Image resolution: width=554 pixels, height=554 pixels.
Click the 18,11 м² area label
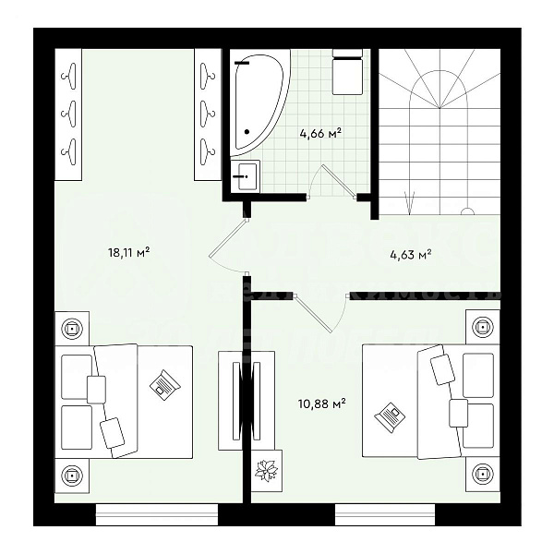(129, 250)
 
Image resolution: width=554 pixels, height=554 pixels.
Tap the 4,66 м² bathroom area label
(320, 134)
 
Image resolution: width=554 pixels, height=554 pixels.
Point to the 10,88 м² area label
(322, 403)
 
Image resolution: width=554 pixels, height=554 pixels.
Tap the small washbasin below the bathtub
(245, 175)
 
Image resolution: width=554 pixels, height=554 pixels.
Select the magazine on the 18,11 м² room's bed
(164, 383)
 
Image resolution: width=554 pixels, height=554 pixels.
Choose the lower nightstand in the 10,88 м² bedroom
(480, 475)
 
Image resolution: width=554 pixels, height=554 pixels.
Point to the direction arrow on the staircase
(411, 197)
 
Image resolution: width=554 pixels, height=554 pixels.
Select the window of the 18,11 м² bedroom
(157, 512)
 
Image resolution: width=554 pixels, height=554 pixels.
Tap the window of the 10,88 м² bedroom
(397, 512)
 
